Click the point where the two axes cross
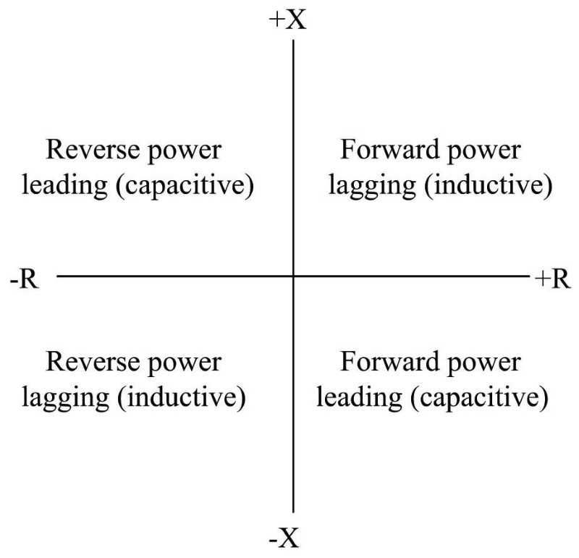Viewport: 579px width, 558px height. (x=293, y=276)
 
